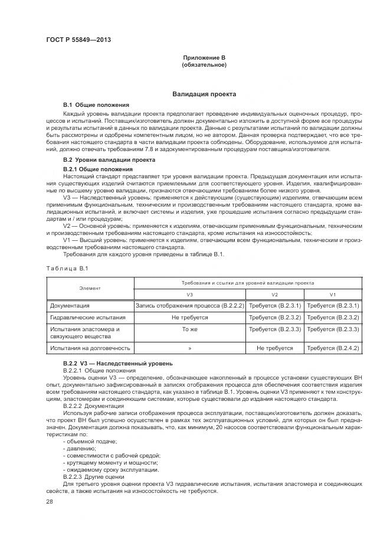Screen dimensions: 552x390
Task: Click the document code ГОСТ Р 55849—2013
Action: [78, 40]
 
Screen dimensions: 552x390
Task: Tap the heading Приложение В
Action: [204, 57]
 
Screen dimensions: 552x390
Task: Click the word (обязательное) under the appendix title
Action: [204, 64]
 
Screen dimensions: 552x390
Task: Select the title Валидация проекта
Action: [204, 94]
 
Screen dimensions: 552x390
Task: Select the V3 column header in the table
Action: [189, 294]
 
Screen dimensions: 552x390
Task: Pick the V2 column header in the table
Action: [274, 294]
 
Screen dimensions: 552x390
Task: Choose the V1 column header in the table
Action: [333, 294]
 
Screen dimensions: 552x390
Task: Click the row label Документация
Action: [70, 306]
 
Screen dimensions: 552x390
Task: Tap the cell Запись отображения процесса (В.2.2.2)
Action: [189, 306]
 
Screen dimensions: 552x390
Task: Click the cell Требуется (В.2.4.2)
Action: [333, 348]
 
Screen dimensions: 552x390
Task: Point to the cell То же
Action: [189, 329]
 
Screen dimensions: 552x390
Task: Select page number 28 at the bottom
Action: [50, 502]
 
